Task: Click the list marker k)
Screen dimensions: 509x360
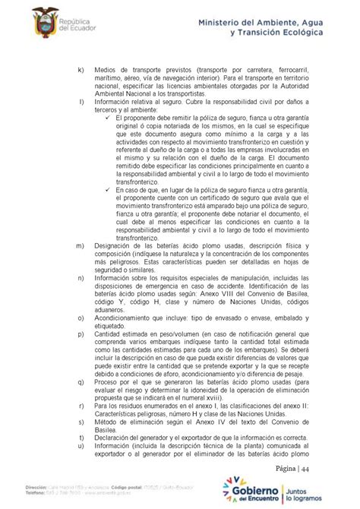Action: (x=81, y=71)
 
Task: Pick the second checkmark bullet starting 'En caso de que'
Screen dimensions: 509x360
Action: (x=108, y=191)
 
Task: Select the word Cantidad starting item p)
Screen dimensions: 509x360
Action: (x=110, y=334)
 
